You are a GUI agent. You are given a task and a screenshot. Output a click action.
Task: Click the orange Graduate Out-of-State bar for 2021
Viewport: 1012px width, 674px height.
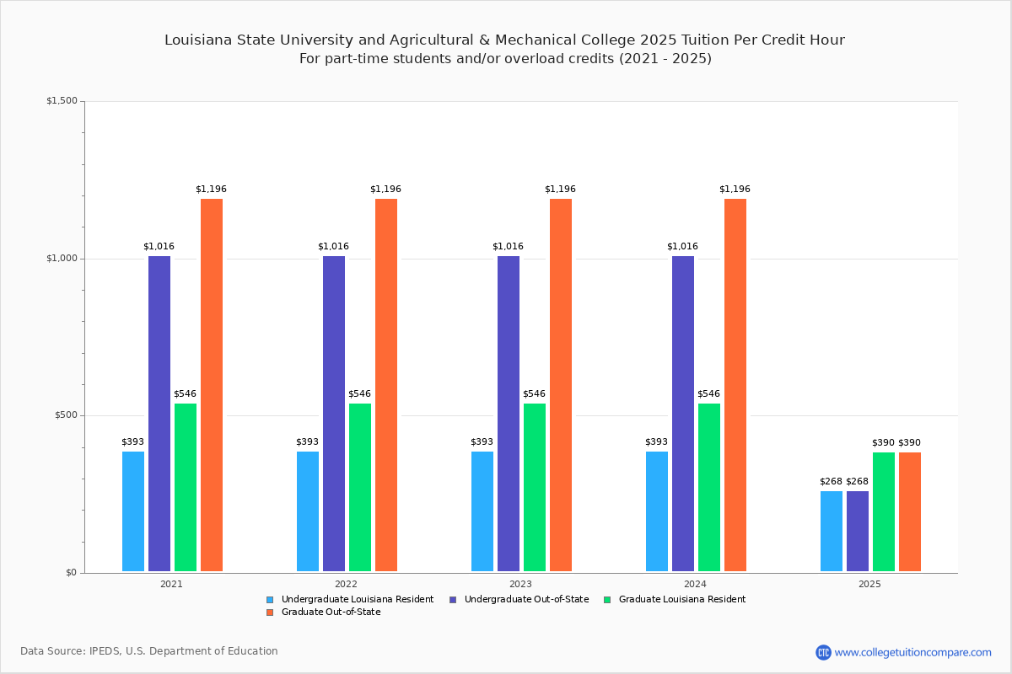tap(212, 385)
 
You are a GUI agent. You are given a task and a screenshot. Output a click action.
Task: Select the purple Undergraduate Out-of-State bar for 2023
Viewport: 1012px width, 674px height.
tap(509, 414)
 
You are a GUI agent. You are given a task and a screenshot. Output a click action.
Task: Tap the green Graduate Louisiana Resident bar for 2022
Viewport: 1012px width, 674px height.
tap(360, 487)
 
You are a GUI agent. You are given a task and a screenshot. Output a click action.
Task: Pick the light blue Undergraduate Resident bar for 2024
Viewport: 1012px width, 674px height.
tap(657, 511)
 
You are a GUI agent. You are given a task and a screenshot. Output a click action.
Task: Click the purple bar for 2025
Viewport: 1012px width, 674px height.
tap(858, 531)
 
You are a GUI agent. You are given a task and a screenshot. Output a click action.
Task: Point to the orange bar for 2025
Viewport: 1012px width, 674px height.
tap(910, 511)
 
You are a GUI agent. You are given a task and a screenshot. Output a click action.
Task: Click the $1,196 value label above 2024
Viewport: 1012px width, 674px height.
tap(735, 190)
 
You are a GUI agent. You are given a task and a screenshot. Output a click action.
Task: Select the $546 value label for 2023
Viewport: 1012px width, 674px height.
tap(534, 394)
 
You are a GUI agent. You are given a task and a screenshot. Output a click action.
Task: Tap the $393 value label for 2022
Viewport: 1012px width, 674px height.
tap(307, 442)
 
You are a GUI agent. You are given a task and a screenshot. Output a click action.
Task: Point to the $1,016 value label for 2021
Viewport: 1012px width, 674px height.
tap(159, 247)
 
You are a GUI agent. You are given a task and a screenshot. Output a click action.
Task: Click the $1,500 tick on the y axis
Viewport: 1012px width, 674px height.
tap(62, 101)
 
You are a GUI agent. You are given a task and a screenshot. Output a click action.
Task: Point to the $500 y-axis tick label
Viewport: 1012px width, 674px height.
tap(65, 415)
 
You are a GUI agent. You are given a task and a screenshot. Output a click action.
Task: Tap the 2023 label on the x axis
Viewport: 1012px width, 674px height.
tap(520, 584)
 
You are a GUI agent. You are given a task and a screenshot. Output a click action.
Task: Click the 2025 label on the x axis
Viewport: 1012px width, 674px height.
tap(869, 584)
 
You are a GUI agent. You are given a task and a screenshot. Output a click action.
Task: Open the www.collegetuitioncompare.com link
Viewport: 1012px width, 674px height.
tap(912, 652)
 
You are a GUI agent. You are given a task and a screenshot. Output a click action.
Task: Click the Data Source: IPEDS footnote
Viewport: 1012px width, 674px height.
tap(149, 651)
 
